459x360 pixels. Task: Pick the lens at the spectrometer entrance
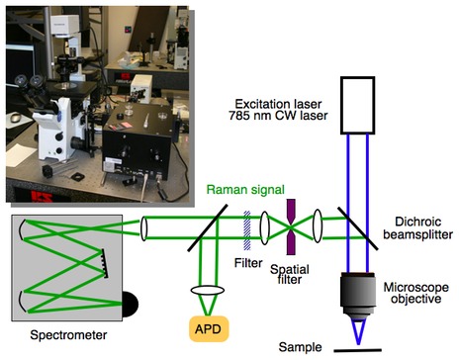tap(146, 225)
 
